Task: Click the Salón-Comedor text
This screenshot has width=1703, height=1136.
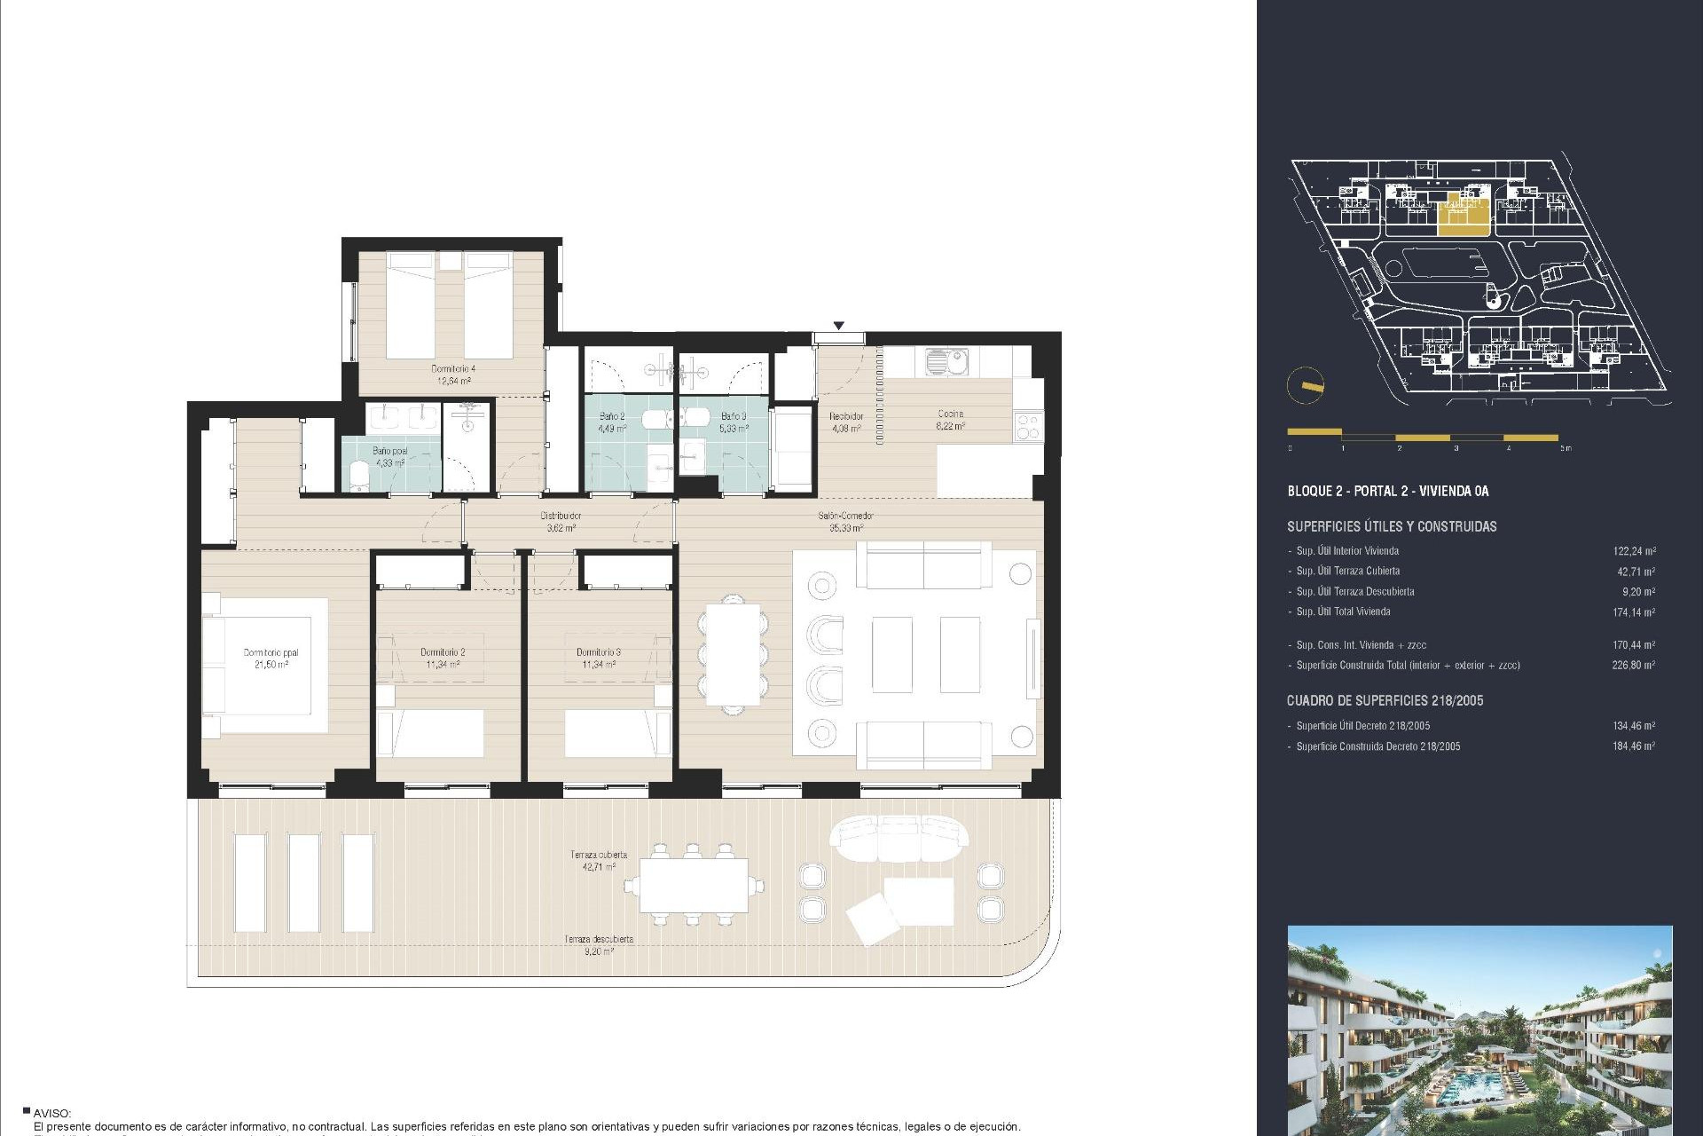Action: point(845,517)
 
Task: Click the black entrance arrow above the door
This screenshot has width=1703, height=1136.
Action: point(838,326)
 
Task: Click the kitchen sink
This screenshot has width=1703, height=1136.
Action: point(946,361)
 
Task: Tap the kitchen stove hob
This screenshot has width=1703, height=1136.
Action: point(1028,427)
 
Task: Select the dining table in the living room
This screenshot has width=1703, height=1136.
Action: point(733,654)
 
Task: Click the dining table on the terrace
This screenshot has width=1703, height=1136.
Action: point(694,886)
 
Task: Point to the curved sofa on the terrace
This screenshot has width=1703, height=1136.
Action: point(899,838)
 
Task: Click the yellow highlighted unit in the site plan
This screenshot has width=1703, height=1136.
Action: point(1462,216)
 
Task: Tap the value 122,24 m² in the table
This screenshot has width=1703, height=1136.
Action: point(1633,551)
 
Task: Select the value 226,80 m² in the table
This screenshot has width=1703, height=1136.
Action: point(1633,665)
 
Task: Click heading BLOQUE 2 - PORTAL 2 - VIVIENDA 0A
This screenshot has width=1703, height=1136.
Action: point(1387,491)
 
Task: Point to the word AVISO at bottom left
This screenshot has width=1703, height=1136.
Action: point(51,1113)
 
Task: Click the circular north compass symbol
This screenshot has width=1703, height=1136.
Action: point(1305,385)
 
